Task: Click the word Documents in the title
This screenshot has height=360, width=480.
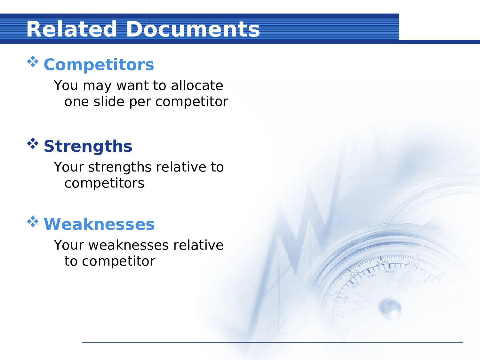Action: point(193,29)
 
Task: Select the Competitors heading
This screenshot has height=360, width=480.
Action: point(99,65)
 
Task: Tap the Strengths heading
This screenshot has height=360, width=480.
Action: point(88,146)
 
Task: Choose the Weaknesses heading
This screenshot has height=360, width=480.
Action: point(99,224)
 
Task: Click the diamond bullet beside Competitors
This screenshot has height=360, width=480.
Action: point(33,61)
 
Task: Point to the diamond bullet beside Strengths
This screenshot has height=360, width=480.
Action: point(33,143)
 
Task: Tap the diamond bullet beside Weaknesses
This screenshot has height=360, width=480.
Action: point(33,221)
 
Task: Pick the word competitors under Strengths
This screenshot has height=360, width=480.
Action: point(104,183)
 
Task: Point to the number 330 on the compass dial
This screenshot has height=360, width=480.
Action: point(381,262)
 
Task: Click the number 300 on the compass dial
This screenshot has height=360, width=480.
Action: point(353,274)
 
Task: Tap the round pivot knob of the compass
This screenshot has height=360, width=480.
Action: point(390,308)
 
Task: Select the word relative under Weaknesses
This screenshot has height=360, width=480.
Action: point(198,245)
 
